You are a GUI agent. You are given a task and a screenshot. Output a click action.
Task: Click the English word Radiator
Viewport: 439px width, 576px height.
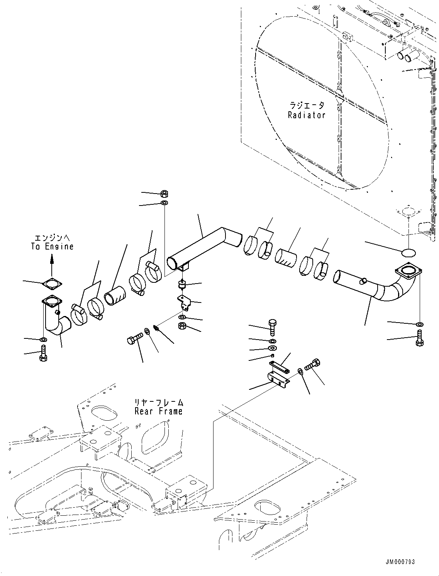click(x=307, y=115)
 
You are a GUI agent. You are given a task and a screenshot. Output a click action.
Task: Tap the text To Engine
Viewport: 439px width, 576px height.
click(x=52, y=246)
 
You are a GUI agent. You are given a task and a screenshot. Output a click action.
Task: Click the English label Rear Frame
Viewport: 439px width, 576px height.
click(x=158, y=411)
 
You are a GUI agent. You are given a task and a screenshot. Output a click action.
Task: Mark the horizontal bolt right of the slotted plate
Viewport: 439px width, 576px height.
click(x=313, y=364)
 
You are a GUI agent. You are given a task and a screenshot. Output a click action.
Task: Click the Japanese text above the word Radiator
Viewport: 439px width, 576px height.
click(x=307, y=105)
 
